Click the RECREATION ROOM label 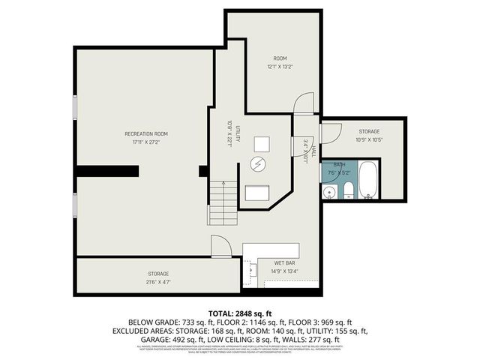click(145, 133)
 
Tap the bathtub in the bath click(369, 180)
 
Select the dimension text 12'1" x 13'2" click(280, 67)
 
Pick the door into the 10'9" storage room click(325, 133)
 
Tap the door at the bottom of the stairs click(219, 244)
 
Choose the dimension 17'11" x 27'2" click(145, 142)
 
